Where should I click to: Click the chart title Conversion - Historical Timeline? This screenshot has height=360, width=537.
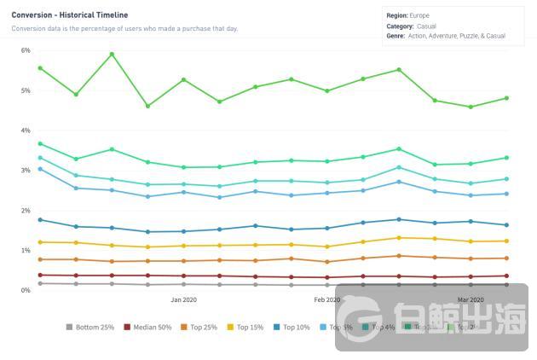(x=70, y=15)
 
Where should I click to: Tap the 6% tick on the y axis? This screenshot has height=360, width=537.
(x=26, y=50)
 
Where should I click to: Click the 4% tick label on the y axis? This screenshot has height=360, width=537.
(x=26, y=131)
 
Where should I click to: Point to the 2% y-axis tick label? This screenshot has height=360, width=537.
(x=26, y=211)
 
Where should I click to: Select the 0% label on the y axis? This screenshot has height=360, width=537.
(x=26, y=291)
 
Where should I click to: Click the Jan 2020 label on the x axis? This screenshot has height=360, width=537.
(x=183, y=300)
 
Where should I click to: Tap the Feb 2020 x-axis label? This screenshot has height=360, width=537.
(x=327, y=300)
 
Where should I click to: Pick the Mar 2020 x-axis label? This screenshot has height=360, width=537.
(x=471, y=300)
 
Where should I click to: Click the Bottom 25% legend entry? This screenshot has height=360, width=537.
(x=93, y=327)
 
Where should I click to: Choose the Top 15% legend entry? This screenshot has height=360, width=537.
(x=247, y=327)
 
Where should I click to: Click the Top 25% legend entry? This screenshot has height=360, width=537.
(x=200, y=327)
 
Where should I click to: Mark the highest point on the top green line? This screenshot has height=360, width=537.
(x=112, y=55)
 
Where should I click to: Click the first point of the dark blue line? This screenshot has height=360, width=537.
(x=40, y=220)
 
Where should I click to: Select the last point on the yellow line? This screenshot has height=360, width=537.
(x=506, y=241)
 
